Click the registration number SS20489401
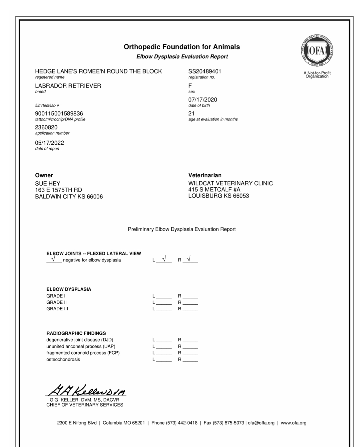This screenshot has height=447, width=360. click(205, 71)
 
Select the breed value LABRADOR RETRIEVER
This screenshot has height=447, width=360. click(68, 86)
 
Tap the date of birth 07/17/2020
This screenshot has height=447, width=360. click(203, 100)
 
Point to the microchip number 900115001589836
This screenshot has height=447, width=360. click(59, 114)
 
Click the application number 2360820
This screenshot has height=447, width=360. click(46, 127)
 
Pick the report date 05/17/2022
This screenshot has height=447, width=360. click(50, 143)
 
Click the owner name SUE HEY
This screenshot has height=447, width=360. click(48, 183)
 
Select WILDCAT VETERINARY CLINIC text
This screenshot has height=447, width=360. click(230, 183)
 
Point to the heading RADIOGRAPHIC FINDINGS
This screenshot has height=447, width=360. click(76, 333)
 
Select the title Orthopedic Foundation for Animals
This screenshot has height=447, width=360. click(182, 47)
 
